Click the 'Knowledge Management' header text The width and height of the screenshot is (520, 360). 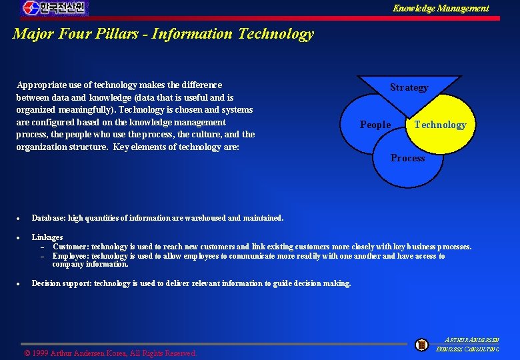click(x=440, y=8)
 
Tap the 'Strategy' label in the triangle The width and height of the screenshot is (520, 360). click(x=409, y=87)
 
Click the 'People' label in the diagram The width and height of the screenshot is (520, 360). click(x=375, y=125)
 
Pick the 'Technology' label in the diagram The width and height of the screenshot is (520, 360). click(x=440, y=125)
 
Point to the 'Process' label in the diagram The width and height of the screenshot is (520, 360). click(x=407, y=158)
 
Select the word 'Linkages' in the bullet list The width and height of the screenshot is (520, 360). click(x=47, y=237)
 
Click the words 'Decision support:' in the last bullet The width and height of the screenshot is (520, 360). click(x=62, y=283)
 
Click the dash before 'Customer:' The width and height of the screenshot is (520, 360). click(x=41, y=247)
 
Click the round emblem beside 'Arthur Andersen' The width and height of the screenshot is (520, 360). click(x=421, y=345)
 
